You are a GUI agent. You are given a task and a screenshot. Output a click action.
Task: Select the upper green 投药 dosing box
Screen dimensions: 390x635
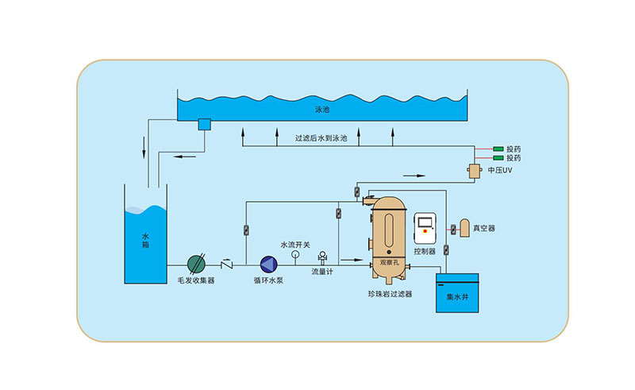click(498, 149)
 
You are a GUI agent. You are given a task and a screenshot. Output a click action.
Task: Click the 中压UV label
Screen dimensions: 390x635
click(500, 171)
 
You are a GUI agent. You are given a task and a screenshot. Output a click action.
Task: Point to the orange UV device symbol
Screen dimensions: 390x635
click(475, 171)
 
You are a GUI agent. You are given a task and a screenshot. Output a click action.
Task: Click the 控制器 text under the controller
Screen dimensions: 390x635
click(425, 250)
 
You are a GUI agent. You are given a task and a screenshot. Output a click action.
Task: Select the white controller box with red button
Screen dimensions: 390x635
click(425, 228)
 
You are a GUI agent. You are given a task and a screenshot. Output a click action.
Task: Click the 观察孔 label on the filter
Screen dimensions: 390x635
click(389, 260)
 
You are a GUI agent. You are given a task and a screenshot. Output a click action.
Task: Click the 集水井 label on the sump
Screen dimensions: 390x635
click(458, 296)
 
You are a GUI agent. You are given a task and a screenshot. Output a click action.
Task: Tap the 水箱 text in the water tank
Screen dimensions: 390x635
click(145, 240)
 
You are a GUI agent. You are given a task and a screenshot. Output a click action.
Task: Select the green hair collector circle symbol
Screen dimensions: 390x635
click(196, 263)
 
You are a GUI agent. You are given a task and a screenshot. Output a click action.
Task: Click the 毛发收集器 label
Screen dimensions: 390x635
click(196, 280)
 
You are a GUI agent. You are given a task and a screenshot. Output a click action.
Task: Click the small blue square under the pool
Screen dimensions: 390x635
click(203, 124)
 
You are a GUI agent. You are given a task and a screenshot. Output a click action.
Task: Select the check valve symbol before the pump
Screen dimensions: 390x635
click(227, 263)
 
